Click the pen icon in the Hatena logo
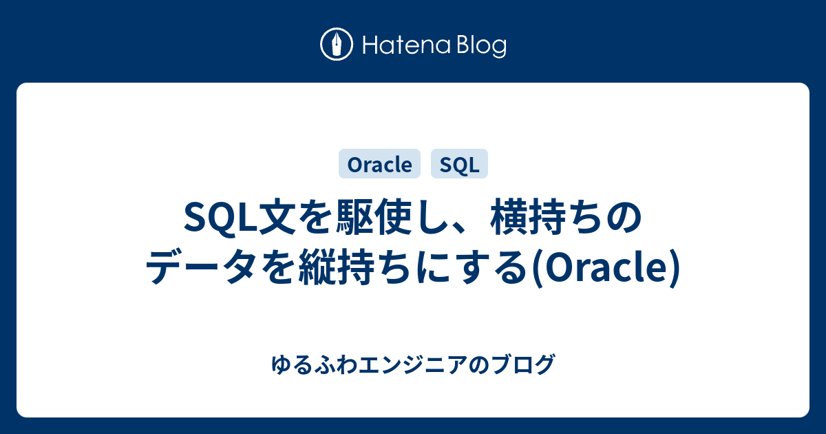point(337,45)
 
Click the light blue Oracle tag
point(380,164)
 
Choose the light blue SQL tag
point(459,164)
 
